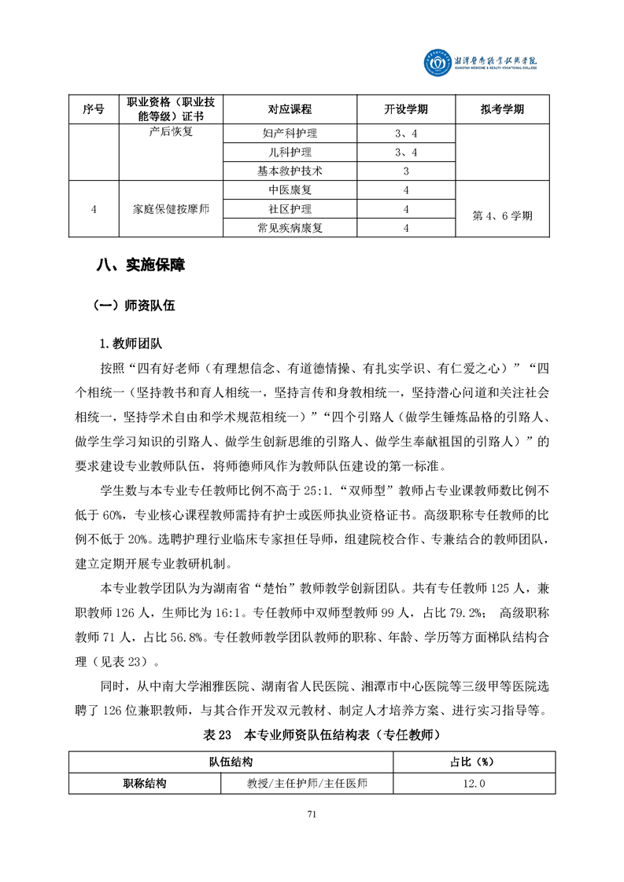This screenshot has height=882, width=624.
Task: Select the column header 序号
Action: coord(93,110)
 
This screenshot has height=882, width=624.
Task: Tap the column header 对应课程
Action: coord(290,110)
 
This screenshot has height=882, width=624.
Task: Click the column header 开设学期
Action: coord(405,110)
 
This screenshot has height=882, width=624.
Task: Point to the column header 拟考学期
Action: coord(502,110)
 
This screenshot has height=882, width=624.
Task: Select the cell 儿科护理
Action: coord(290,152)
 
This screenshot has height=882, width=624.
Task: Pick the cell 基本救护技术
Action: coord(290,171)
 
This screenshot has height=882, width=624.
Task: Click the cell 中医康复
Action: coord(290,190)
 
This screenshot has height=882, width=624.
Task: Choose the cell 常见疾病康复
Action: coord(290,228)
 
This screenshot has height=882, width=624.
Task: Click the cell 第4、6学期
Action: coord(502,215)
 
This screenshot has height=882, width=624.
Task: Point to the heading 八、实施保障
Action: coord(139,266)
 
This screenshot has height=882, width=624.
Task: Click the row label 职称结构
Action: coord(145,783)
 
